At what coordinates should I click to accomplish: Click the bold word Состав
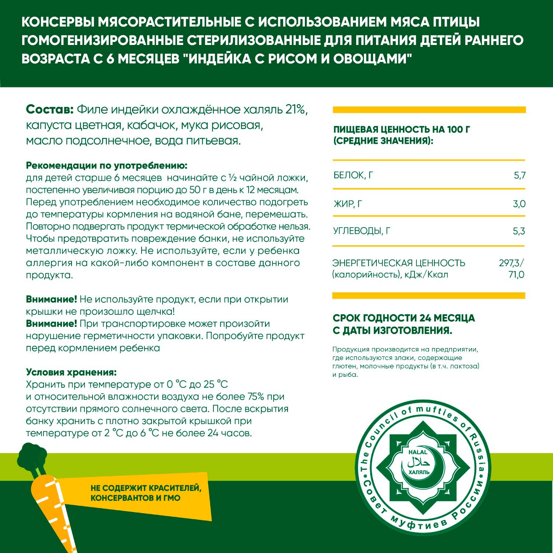50,109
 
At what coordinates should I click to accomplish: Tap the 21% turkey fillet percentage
296,109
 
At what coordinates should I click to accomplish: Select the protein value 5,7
519,175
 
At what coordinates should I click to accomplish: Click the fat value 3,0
519,204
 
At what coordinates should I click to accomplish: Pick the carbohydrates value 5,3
519,231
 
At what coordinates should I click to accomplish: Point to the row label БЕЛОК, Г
353,175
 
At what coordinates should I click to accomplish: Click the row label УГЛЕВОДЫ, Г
362,231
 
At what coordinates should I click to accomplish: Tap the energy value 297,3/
511,263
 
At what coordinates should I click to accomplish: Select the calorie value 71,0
516,275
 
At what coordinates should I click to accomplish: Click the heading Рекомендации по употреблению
107,166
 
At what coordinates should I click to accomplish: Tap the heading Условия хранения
71,372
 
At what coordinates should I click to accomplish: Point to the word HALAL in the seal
418,452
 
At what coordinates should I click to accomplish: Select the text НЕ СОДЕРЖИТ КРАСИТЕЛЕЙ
146,488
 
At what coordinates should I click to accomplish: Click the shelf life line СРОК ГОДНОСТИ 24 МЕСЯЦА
404,318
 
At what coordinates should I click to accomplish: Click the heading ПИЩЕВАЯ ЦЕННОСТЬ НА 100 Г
401,129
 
